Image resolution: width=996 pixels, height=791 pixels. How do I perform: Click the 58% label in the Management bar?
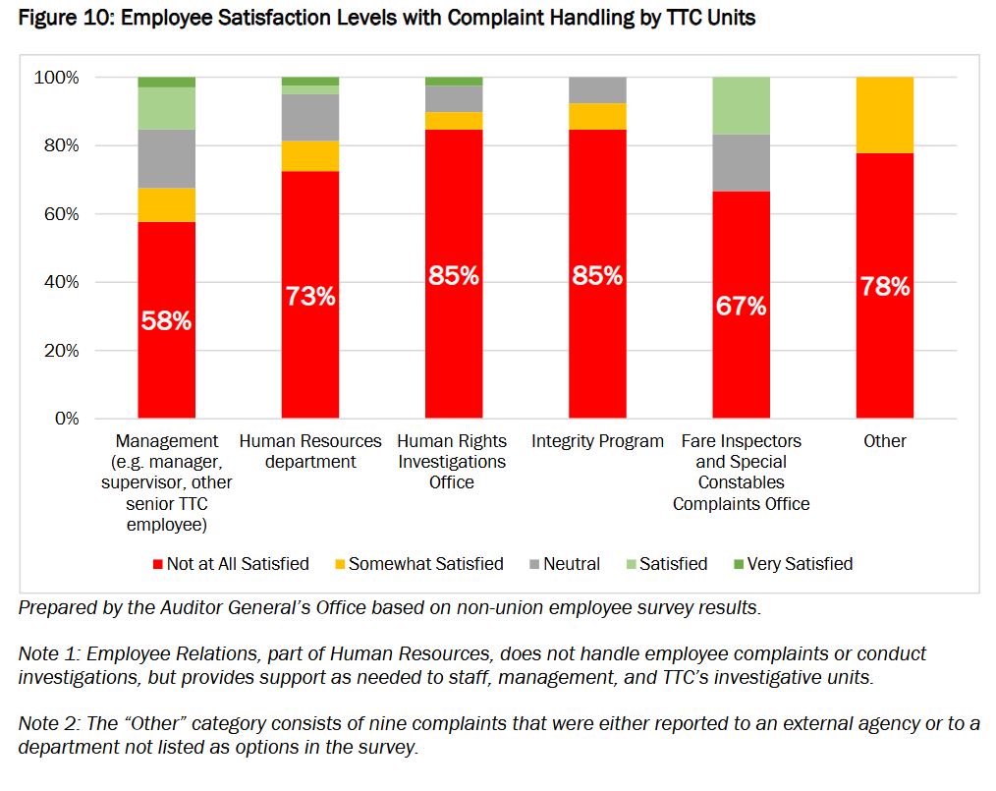166,320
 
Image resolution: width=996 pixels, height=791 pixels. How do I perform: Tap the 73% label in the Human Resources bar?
310,296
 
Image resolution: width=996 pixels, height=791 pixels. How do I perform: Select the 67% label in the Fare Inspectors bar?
741,306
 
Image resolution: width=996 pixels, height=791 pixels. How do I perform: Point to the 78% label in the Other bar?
884,287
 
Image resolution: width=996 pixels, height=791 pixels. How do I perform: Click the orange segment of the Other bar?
884,115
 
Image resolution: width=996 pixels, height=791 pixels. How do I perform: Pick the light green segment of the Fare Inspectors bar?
741,105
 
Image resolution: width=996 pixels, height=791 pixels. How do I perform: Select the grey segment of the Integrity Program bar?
597,89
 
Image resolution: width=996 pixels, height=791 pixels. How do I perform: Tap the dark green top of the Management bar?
166,82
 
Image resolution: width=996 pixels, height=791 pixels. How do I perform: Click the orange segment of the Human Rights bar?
454,121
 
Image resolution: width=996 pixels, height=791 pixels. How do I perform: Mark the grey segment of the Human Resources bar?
310,117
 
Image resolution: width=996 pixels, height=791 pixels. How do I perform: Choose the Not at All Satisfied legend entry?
230,564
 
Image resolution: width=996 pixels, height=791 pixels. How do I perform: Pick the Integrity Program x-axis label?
597,441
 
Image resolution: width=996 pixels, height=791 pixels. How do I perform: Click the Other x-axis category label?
884,441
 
